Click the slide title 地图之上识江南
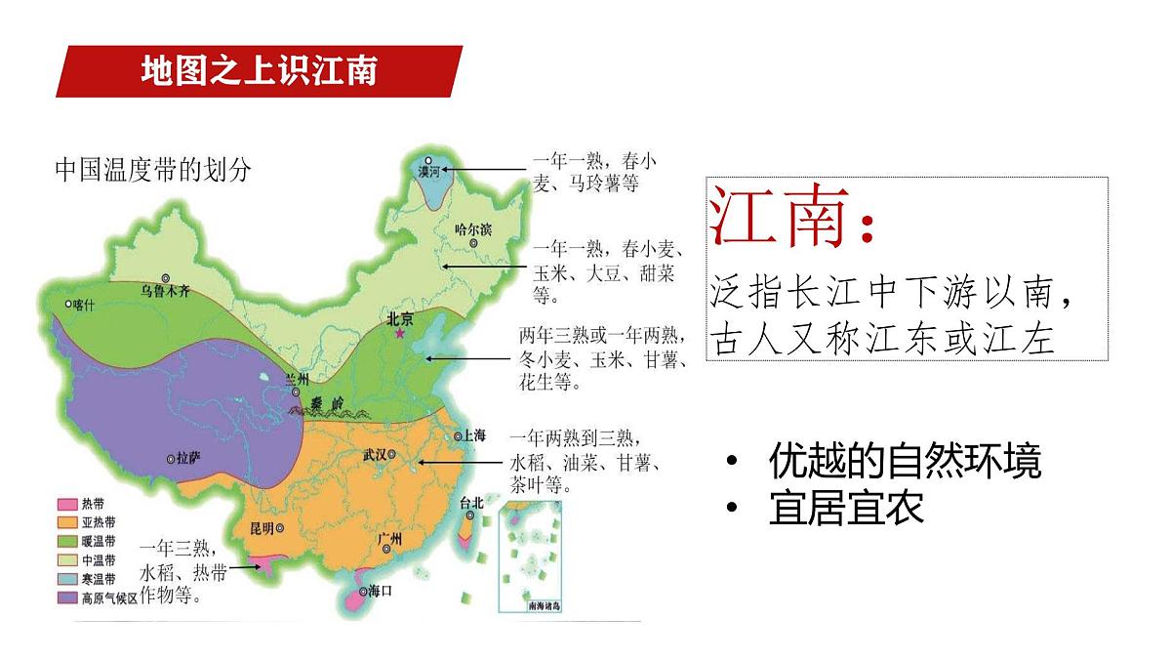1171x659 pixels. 258,71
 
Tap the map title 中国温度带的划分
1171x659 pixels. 152,170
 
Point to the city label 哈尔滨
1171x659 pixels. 473,230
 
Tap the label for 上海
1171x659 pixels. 473,436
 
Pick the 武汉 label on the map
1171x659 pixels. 375,454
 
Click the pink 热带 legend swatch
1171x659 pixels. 66,505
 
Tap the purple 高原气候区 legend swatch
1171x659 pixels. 66,597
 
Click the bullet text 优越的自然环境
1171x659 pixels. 905,461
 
